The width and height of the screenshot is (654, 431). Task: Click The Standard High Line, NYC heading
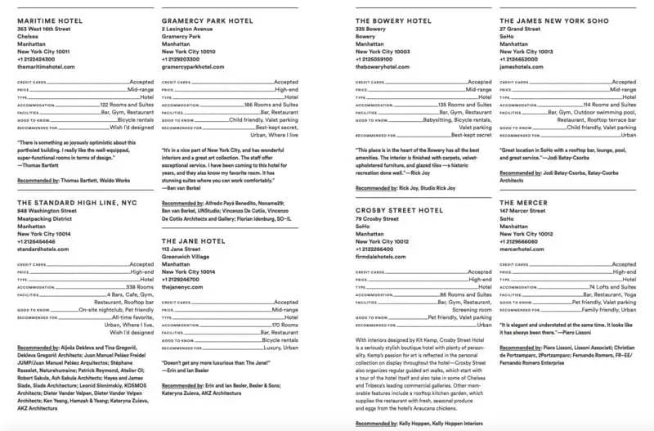click(72, 202)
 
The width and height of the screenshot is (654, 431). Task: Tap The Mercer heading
click(522, 202)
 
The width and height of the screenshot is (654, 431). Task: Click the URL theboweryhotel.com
click(384, 66)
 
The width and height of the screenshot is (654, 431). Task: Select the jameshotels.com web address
click(524, 66)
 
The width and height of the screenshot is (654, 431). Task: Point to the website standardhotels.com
click(43, 249)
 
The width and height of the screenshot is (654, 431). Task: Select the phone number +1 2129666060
click(523, 241)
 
